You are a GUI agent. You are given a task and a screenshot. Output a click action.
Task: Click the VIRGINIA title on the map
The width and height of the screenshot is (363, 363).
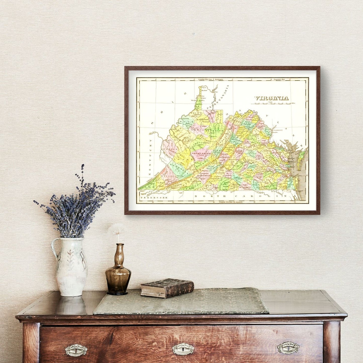click(272, 98)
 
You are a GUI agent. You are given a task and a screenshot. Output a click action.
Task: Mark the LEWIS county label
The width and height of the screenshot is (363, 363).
click(197, 131)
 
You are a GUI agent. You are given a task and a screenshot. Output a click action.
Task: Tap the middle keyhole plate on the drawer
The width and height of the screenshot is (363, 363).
click(183, 349)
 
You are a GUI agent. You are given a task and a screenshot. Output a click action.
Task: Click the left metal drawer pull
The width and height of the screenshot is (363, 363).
click(76, 350)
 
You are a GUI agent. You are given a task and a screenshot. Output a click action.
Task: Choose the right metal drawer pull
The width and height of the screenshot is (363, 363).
click(288, 348)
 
